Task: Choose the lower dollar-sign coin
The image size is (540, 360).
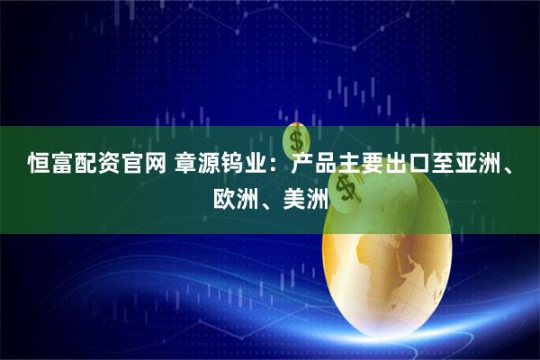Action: pyautogui.click(x=346, y=186)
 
